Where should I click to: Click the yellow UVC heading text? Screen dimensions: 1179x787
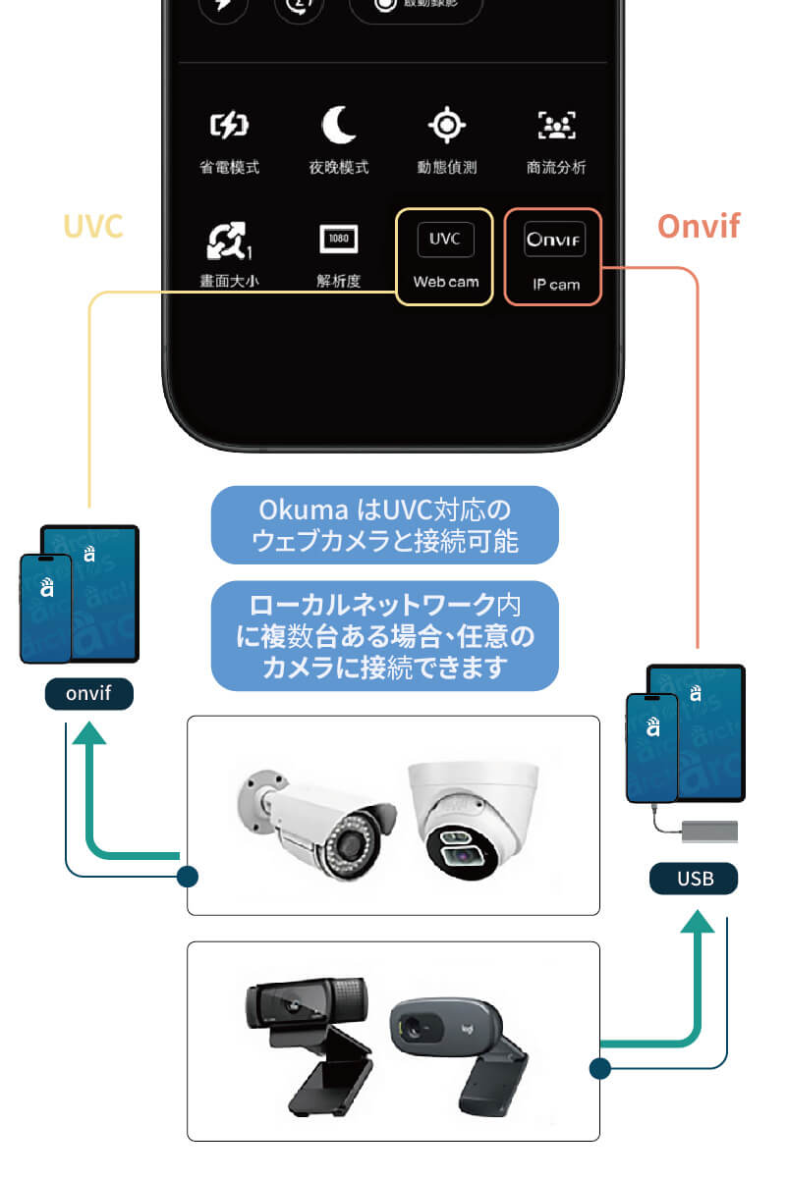[x=93, y=226]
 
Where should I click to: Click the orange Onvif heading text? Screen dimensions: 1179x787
[x=698, y=226]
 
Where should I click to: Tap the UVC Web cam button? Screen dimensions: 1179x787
[x=445, y=256]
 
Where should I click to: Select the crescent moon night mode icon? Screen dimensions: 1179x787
[x=339, y=126]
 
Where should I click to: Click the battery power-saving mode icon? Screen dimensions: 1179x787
[x=229, y=126]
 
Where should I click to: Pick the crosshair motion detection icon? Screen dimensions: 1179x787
[x=446, y=126]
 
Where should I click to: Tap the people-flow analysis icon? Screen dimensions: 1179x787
[x=556, y=126]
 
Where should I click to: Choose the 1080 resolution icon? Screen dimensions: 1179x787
[x=339, y=239]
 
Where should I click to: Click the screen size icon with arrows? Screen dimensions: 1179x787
[x=229, y=239]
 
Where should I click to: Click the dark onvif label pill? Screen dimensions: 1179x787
[x=88, y=694]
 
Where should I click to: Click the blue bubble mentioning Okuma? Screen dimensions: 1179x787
[x=384, y=525]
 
